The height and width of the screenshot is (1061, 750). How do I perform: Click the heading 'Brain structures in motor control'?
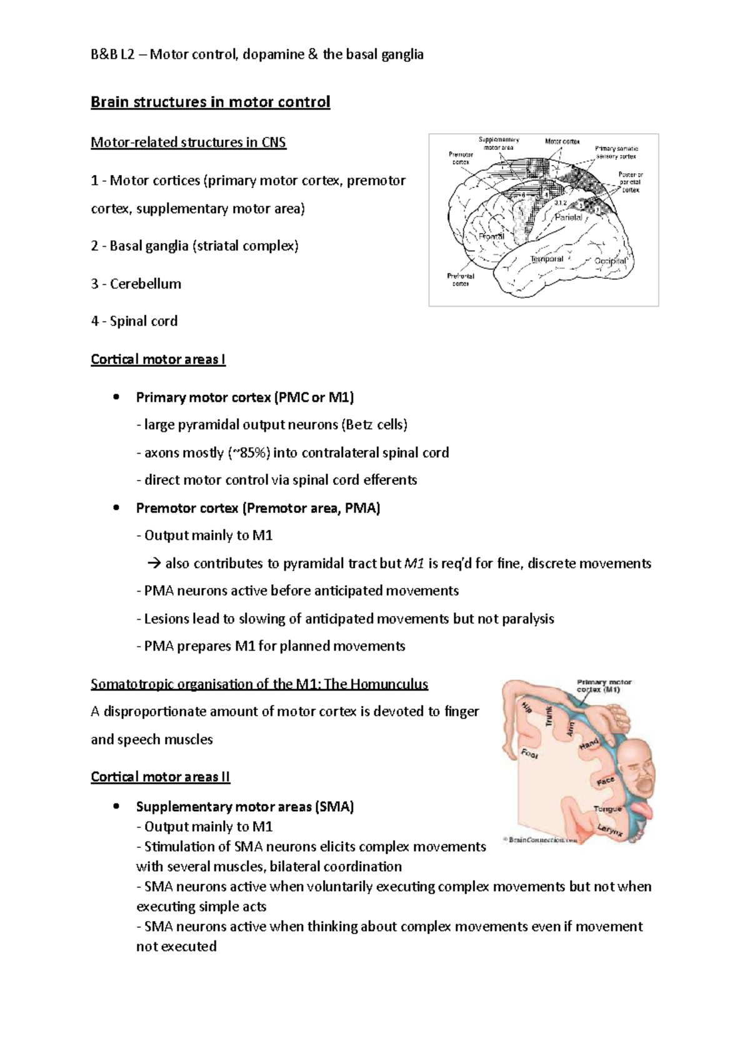tap(210, 102)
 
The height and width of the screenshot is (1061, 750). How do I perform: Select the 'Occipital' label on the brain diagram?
tap(610, 261)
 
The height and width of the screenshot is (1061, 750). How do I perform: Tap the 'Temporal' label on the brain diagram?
tap(547, 259)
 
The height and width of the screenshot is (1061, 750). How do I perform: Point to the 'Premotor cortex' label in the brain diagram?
tap(461, 158)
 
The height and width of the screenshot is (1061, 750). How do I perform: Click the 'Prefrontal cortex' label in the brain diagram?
tap(461, 279)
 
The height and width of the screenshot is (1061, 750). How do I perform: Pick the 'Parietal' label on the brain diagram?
tap(568, 217)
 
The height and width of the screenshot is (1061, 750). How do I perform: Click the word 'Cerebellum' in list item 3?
tap(146, 284)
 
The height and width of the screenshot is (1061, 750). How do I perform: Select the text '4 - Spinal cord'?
tap(134, 321)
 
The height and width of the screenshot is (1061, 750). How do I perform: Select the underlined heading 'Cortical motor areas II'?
tap(161, 777)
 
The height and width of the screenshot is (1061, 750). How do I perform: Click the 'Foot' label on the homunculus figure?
tap(529, 754)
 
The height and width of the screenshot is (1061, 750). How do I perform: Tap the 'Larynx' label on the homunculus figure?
tap(609, 830)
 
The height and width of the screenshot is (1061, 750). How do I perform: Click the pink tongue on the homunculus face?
tap(644, 812)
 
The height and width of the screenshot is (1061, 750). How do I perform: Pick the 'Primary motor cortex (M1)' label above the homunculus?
tap(604, 685)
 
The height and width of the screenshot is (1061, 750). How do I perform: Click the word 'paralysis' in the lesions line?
tap(527, 619)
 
